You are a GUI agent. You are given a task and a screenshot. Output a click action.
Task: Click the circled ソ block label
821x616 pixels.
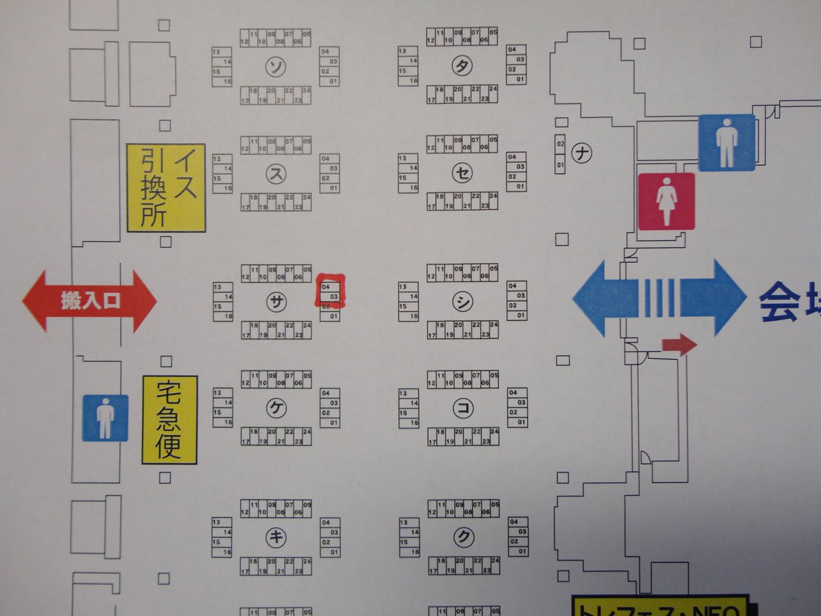pos(276,66)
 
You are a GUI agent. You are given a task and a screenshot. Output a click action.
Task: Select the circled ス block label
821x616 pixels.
pos(276,174)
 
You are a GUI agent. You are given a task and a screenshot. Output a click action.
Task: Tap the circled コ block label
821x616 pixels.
pos(463,408)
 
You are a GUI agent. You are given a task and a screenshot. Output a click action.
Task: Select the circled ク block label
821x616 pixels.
pos(464,537)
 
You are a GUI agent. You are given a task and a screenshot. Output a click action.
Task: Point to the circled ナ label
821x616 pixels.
pos(582,153)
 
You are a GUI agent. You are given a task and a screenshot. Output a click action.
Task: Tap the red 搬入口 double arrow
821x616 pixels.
pos(90,302)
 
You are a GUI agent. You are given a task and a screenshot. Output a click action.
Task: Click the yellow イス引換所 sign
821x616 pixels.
pos(166,188)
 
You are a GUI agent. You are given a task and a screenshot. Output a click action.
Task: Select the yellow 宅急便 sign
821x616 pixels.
pos(169,420)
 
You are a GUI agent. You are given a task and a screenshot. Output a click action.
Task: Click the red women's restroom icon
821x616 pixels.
pos(666,201)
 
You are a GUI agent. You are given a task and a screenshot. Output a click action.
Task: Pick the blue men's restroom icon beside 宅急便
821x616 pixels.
pos(105,418)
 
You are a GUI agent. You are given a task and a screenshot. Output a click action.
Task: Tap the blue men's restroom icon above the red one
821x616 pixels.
pos(726,142)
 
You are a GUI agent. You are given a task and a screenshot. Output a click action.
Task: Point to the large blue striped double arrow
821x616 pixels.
pos(659,298)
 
